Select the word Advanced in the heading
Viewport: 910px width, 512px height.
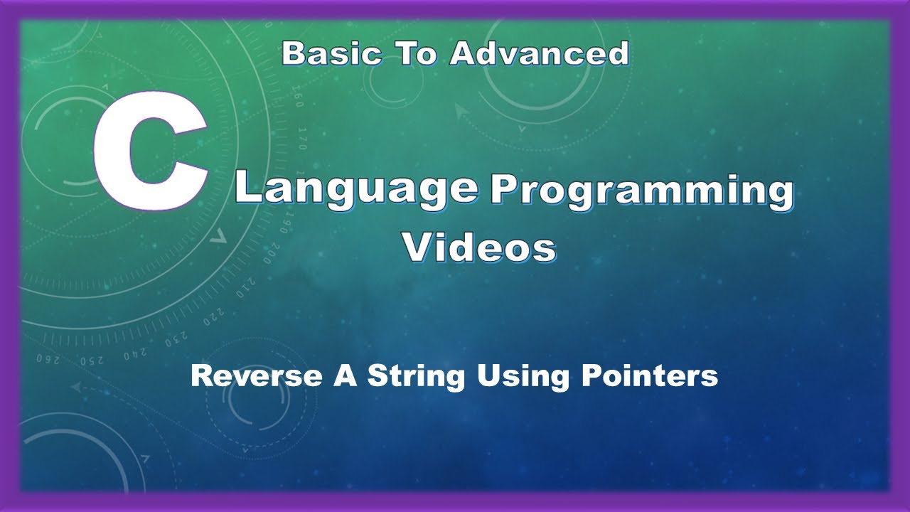pyautogui.click(x=540, y=54)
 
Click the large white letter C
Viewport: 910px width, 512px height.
pyautogui.click(x=151, y=154)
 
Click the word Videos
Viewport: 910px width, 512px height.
pyautogui.click(x=479, y=248)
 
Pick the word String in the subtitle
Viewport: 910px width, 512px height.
pyautogui.click(x=414, y=375)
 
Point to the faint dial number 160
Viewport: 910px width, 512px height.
pyautogui.click(x=298, y=99)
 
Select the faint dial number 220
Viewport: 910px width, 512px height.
pyautogui.click(x=213, y=316)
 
